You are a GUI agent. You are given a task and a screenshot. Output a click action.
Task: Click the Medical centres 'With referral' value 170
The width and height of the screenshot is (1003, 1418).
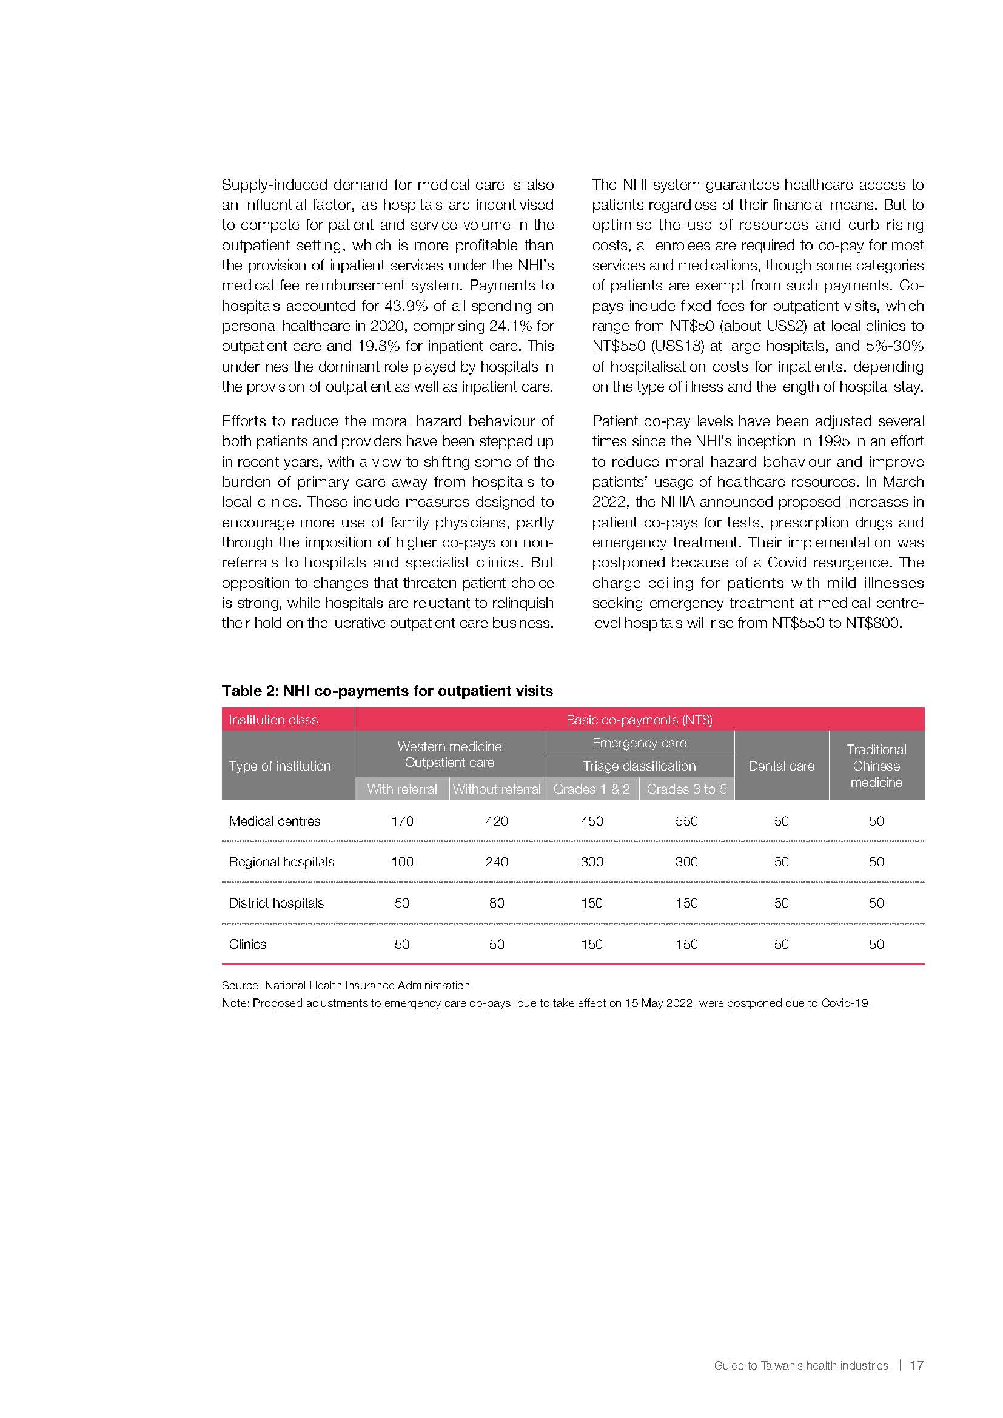click(402, 821)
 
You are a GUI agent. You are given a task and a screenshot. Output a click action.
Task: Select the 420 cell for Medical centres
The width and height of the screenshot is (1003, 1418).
click(497, 821)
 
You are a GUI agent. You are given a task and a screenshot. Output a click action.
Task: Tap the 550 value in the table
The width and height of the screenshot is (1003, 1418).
click(686, 821)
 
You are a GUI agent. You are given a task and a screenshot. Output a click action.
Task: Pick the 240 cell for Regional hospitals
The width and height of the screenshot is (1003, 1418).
click(497, 861)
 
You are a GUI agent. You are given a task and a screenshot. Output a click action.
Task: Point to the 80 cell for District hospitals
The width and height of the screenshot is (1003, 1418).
click(497, 903)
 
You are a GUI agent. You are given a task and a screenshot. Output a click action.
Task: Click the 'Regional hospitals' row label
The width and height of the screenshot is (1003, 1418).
click(281, 861)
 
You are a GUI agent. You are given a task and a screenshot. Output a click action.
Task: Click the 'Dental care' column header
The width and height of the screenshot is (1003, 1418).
click(781, 766)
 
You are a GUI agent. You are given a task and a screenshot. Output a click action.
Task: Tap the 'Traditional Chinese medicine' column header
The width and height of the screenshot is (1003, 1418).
click(876, 766)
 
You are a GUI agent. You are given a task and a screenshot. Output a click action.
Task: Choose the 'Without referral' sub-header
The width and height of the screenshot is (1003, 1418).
click(497, 789)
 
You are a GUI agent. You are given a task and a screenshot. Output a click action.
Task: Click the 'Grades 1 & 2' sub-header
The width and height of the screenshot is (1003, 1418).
click(592, 789)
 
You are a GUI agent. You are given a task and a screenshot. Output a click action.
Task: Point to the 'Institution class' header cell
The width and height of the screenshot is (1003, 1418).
click(273, 720)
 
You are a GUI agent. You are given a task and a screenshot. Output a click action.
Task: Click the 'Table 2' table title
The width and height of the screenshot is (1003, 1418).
click(387, 691)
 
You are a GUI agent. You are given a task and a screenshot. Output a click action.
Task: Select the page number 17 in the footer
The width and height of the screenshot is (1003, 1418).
click(916, 1365)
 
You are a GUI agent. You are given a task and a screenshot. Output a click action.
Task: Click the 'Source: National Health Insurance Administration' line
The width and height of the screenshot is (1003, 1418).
click(347, 986)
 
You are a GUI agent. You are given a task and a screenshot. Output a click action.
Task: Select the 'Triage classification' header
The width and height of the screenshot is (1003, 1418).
click(639, 766)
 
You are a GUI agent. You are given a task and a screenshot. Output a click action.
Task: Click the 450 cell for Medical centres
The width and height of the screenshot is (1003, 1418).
click(592, 821)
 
